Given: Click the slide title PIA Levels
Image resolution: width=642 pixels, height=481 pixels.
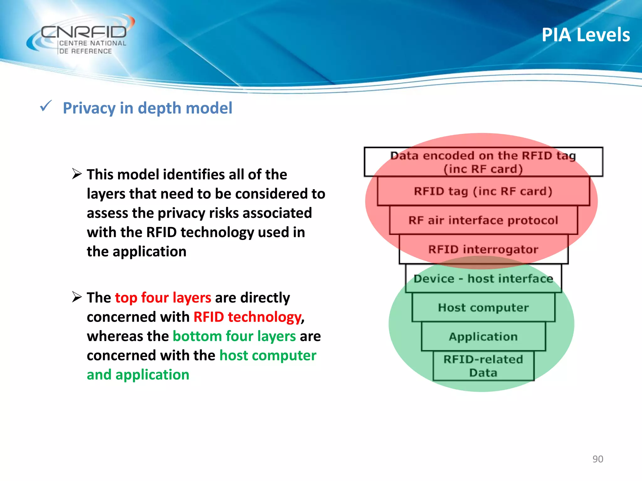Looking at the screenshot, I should click(586, 35).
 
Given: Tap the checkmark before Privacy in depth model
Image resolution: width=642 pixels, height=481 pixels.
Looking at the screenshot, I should click(46, 106).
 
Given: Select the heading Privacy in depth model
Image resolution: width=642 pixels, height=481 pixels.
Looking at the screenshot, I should click(147, 108).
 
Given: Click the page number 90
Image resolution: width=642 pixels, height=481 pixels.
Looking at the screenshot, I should click(597, 459).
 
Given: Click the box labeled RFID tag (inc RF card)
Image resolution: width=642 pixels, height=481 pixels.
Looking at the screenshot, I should click(483, 191).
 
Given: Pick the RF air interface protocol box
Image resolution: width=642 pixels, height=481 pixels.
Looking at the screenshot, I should click(483, 220).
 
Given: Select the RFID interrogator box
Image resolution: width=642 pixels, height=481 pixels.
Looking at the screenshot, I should click(483, 249).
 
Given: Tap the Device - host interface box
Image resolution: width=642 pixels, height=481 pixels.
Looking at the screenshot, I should click(483, 278).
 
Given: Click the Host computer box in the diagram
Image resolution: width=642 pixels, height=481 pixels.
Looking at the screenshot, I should click(483, 308).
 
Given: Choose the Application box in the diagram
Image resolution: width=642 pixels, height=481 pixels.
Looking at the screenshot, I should click(483, 337).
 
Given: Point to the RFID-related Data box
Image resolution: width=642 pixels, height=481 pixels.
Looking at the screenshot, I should click(483, 366).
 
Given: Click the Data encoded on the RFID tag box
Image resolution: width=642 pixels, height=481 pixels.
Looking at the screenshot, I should click(483, 162).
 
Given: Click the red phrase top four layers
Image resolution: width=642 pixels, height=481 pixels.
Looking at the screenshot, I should click(163, 297).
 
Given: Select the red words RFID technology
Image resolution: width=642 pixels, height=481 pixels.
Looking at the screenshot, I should click(247, 317).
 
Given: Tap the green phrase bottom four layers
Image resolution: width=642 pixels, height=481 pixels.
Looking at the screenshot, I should click(234, 336).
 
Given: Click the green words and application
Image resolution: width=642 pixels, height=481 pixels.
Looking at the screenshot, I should click(138, 375).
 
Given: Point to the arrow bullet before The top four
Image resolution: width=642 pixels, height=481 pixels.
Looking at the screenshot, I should click(77, 297).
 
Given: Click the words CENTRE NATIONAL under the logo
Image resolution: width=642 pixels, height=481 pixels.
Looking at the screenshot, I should click(93, 43).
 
